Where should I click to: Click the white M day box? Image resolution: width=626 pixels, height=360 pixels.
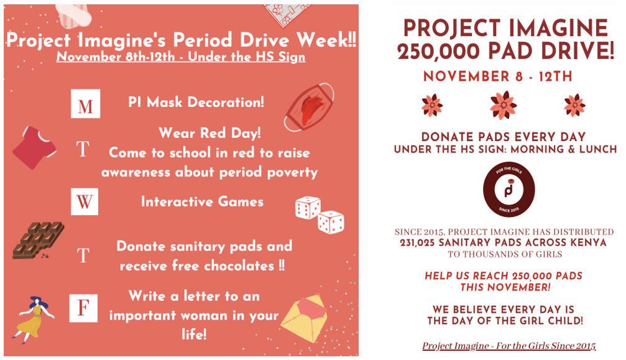(x=85, y=104)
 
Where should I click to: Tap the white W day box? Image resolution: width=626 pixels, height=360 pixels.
(x=85, y=201)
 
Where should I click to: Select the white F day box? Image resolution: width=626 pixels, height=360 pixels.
(x=83, y=308)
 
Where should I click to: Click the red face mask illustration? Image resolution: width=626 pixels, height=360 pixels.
(x=310, y=107)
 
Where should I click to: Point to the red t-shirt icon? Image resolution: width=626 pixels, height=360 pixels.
(x=34, y=147)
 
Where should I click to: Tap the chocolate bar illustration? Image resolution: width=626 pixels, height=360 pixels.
(x=39, y=240)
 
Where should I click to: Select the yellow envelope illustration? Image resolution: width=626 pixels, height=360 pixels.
(x=305, y=318)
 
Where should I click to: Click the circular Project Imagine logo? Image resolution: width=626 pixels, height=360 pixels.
(x=509, y=189)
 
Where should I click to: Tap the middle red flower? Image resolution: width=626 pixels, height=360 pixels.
(x=504, y=105)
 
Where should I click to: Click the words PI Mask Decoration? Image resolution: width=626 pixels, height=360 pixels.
(x=196, y=102)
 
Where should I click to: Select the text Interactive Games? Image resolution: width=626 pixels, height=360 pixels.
(x=203, y=201)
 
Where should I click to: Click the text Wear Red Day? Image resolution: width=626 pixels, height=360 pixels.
(x=210, y=133)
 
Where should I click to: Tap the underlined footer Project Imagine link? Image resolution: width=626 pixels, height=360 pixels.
(x=509, y=346)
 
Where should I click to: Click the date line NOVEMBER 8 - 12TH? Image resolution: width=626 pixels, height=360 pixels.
(x=498, y=76)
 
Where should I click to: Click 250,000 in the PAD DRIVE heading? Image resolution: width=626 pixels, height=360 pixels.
(x=438, y=51)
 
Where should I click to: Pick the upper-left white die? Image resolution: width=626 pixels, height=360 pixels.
(x=308, y=208)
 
